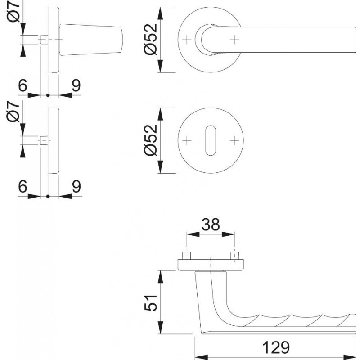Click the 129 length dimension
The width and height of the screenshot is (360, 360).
(276, 347)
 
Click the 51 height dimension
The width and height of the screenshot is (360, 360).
(151, 302)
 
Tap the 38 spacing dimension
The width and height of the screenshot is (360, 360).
(211, 225)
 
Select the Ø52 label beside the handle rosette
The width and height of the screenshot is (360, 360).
(151, 39)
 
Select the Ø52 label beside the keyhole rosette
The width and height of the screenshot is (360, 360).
(151, 140)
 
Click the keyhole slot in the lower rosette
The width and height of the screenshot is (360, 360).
(211, 140)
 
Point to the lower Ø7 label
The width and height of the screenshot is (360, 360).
(13, 112)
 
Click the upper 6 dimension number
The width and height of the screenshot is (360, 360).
(23, 85)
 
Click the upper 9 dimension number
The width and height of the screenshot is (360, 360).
(76, 85)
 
